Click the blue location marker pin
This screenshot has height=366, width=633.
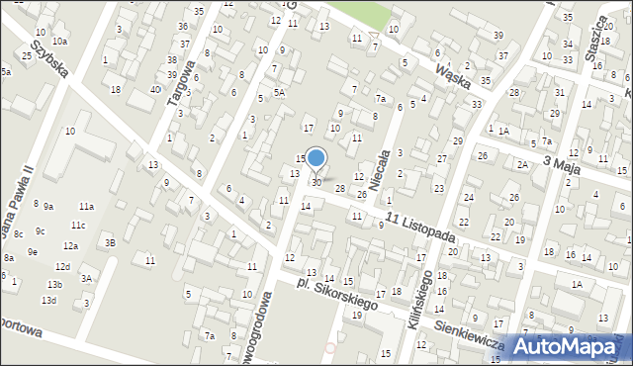coord(316,159)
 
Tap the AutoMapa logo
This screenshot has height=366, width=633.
coord(567,345)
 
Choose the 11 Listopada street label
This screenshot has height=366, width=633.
coord(420,229)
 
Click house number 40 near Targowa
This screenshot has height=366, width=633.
coord(154,90)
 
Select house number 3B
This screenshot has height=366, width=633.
coord(111,242)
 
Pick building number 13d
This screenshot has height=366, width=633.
coord(48,300)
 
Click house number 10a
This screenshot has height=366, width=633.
coord(60,41)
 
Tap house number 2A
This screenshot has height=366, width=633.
coord(521,165)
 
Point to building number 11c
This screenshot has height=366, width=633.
coord(77,226)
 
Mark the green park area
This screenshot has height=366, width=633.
coord(361,13)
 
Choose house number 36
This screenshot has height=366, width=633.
coord(182,26)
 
